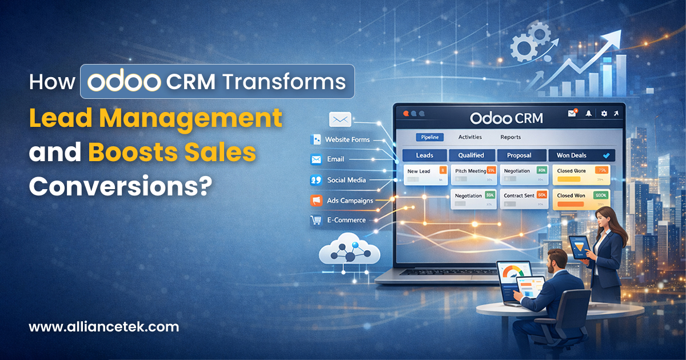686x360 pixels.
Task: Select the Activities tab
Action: point(470,137)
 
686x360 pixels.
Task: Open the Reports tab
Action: point(510,137)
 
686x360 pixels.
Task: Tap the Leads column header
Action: point(424,155)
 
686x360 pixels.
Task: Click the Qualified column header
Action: point(471,155)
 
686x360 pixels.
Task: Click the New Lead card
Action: point(425,174)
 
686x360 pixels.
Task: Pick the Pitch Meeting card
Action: point(474,174)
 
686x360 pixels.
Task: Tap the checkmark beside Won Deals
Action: point(606,155)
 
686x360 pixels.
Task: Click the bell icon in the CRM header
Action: point(588,114)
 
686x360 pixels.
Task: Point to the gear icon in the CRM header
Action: point(604,114)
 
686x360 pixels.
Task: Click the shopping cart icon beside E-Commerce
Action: point(314,219)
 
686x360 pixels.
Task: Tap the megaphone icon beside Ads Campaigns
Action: point(315,200)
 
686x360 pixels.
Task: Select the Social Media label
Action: point(346,180)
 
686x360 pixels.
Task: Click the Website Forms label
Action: point(347,139)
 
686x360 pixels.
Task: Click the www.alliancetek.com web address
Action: point(103,327)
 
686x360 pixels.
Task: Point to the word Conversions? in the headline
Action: point(117,187)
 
